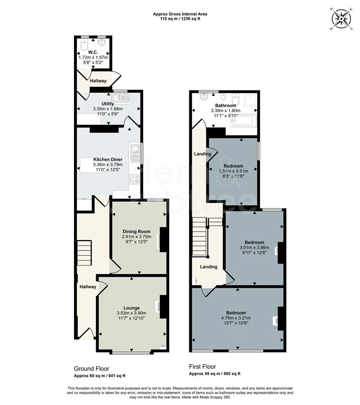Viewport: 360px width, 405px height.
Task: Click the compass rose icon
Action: coord(341,18)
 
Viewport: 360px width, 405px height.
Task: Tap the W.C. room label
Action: coord(93,52)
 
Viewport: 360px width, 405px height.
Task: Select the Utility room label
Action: coord(108,104)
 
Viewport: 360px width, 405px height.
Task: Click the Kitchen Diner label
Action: coord(108,159)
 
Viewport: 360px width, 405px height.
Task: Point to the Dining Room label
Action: coord(136,231)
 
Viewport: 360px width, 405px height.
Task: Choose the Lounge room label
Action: coord(131,308)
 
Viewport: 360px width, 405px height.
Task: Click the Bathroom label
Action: coord(226,105)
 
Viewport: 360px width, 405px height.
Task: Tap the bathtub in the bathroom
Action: coord(244,121)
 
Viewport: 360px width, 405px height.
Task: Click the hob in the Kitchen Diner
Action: coord(134,179)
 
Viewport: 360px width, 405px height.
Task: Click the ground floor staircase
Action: coord(84,253)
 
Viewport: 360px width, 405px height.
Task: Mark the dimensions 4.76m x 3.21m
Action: coord(236,318)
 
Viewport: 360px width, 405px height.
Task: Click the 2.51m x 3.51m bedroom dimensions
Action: coord(233,171)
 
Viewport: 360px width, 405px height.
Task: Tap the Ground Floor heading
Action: coord(92,369)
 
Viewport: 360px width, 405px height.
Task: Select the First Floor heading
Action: coord(202,367)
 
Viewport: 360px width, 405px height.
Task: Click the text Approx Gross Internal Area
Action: coord(180,14)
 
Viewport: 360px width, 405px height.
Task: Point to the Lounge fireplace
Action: coord(162,306)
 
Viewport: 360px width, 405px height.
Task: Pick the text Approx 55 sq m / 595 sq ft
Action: coord(214,373)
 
